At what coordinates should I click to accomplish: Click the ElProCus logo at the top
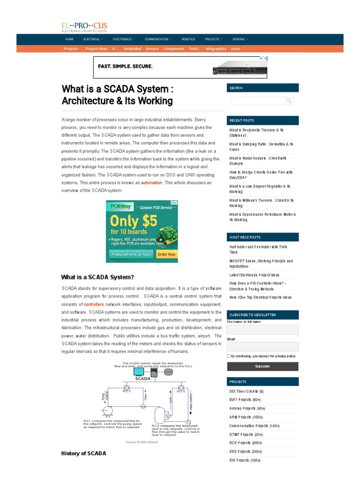pos(84,27)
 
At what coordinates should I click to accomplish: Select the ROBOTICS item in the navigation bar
pos(188,39)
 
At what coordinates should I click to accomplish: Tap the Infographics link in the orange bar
pos(216,49)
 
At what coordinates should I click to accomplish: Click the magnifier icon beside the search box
pos(289,101)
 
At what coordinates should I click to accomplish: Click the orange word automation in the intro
pos(151,183)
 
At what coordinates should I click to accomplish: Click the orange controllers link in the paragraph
pos(94,304)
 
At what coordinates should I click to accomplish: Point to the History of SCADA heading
pos(83,453)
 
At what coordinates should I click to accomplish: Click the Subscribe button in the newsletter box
pos(262,366)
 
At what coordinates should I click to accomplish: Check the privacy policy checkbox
pos(228,356)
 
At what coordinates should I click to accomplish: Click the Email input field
pos(262,346)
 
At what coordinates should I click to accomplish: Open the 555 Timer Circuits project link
pos(246,391)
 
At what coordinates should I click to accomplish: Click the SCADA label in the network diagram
pos(143,378)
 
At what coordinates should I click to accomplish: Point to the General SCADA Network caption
pos(142,442)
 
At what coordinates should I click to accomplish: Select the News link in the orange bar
pos(235,49)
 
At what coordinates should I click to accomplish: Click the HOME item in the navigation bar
pos(70,39)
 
